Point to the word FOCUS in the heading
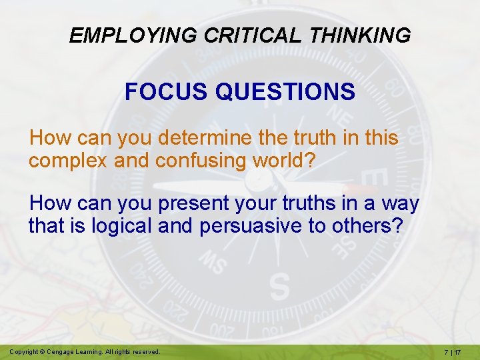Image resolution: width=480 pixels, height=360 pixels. [x=167, y=91]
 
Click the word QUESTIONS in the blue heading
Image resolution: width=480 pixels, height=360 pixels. [x=285, y=91]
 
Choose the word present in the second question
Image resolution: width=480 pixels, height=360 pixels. [x=187, y=202]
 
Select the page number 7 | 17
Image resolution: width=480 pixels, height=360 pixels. [x=457, y=351]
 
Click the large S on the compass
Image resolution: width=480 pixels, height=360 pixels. [x=279, y=287]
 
